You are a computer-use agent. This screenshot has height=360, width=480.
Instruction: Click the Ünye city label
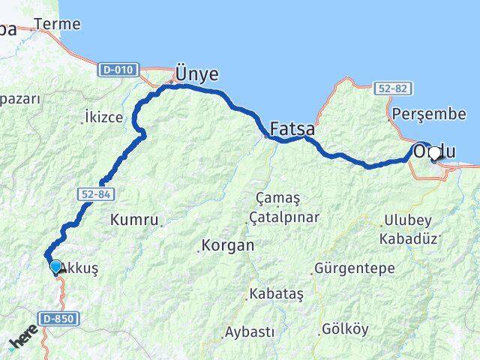coord(196,73)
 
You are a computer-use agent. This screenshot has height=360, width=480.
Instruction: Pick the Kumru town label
coord(134,220)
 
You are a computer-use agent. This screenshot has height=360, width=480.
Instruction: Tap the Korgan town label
coord(227,245)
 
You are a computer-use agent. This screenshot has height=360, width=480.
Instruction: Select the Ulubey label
coord(408,220)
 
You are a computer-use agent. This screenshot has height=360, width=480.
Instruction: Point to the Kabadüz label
coord(408,238)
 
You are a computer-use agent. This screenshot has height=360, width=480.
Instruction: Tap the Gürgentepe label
coord(348,267)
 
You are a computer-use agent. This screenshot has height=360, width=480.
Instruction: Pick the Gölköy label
coord(345,328)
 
